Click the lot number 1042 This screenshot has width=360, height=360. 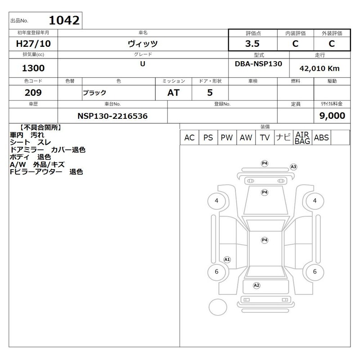point(64,20)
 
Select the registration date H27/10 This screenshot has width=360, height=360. point(33,44)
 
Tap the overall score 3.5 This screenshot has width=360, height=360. point(252,44)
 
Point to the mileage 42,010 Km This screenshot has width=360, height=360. point(319,68)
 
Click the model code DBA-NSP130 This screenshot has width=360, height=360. point(258,63)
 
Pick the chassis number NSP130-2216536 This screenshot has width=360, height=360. point(112,116)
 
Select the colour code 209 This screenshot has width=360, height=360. point(33,93)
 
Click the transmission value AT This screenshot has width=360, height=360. point(173,93)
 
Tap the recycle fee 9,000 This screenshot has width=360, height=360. point(332,116)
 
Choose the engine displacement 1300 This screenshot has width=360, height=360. point(33,68)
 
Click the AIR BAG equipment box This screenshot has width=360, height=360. point(302,138)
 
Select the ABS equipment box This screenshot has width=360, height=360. point(321,138)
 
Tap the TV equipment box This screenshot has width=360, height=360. point(265,138)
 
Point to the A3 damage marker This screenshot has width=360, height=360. point(293,166)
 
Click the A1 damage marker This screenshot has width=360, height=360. point(227,260)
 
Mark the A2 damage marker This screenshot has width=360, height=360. point(256,285)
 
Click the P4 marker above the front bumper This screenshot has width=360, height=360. point(265,163)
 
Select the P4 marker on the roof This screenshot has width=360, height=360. point(265,240)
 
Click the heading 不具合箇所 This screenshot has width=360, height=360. point(40,127)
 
